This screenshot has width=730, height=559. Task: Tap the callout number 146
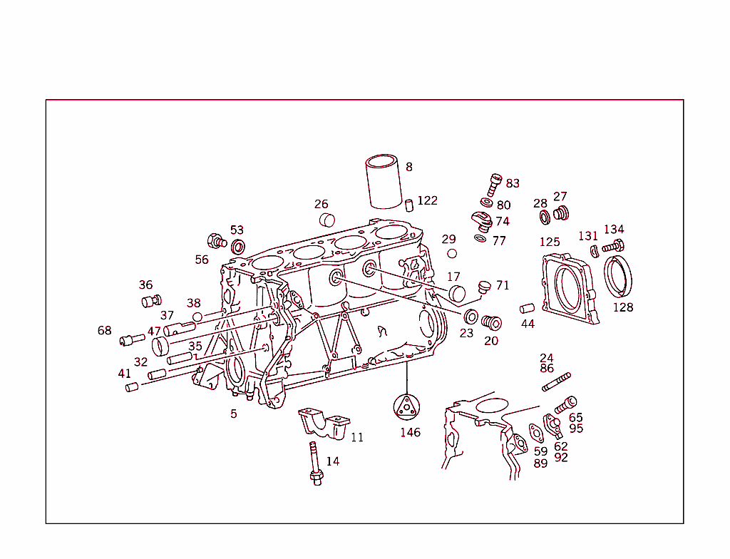pyautogui.click(x=410, y=432)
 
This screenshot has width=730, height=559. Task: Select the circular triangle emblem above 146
pyautogui.click(x=407, y=407)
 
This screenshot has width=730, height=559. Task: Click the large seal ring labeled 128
pyautogui.click(x=619, y=277)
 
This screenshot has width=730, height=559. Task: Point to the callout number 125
pyautogui.click(x=550, y=242)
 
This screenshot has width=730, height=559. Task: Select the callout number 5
pyautogui.click(x=233, y=414)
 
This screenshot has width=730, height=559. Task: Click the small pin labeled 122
pyautogui.click(x=410, y=205)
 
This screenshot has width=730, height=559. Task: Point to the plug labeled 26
pyautogui.click(x=327, y=219)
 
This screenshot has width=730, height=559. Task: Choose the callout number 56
pyautogui.click(x=202, y=260)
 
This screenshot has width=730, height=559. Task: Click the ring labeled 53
pyautogui.click(x=238, y=247)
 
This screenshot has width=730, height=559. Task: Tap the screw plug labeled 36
pyautogui.click(x=151, y=300)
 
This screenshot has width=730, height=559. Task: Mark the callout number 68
pyautogui.click(x=105, y=330)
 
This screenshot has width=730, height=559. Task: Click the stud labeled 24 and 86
pyautogui.click(x=556, y=382)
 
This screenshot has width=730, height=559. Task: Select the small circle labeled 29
pyautogui.click(x=451, y=253)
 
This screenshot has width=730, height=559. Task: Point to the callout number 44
pyautogui.click(x=528, y=324)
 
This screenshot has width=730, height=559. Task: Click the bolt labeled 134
pyautogui.click(x=613, y=246)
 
